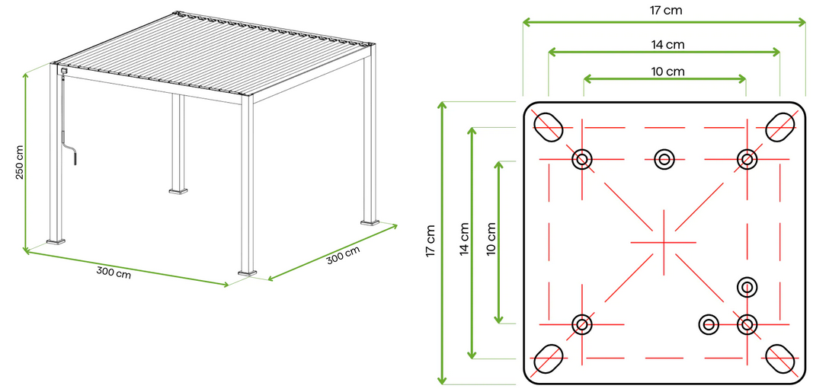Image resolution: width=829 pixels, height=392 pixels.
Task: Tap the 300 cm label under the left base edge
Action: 114,272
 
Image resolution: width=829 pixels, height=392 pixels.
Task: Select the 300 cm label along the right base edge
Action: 343,256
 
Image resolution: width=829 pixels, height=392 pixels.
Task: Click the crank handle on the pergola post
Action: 72,155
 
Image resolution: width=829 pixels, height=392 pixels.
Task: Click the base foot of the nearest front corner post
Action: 248,270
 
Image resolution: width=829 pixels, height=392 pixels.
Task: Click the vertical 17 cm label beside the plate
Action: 431,239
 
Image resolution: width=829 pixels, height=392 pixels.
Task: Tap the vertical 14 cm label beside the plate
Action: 464,239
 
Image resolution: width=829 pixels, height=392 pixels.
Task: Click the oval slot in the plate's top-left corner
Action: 548,126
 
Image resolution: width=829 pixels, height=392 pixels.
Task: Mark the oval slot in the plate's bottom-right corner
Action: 781,358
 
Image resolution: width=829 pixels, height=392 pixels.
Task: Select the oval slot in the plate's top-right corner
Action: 781,126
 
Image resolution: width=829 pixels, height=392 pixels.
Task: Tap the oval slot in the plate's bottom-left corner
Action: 548,358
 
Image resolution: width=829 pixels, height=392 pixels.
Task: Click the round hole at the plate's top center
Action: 664,159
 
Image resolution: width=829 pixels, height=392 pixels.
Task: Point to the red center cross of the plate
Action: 664,242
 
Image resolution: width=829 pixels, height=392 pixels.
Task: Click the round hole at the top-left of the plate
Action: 582,159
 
